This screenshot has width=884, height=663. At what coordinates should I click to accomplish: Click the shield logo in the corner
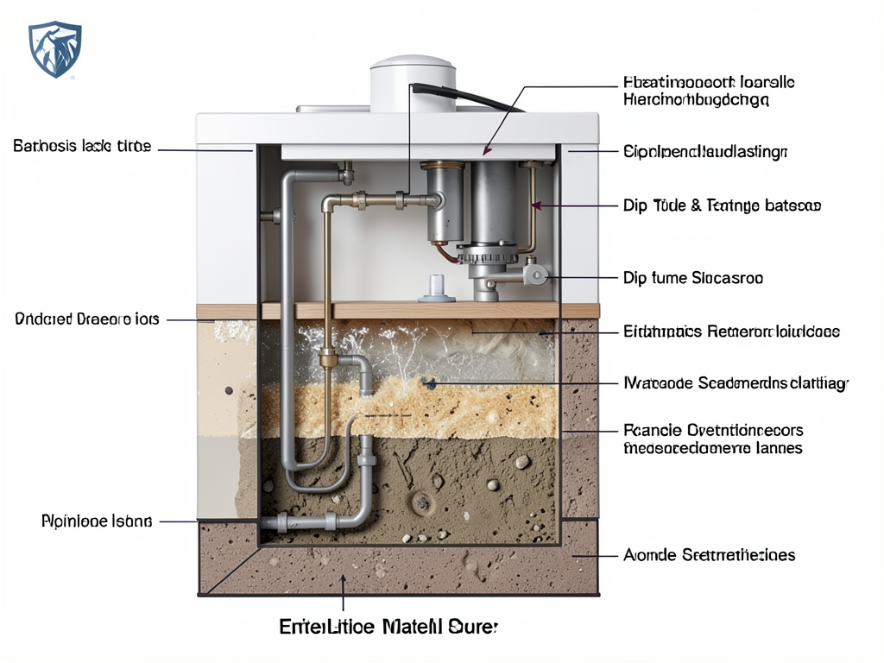pos(54,49)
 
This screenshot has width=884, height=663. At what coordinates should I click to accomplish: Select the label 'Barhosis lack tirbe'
pos(82,147)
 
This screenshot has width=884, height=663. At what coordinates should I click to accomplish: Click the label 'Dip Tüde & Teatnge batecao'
pos(722,205)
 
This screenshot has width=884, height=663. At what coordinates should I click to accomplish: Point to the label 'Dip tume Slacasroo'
pos(692,278)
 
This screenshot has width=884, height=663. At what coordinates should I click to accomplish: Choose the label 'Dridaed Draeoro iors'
pos(87,319)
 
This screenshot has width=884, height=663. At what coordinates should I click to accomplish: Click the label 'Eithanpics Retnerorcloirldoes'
pos(731,331)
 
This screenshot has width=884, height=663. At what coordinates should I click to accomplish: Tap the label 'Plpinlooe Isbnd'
pos(97,521)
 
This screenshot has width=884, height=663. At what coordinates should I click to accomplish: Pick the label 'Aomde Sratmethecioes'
pos(709,555)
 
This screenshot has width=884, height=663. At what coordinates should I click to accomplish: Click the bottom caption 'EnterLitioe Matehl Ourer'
pos(389,626)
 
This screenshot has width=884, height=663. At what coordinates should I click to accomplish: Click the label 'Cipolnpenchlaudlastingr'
pos(705,153)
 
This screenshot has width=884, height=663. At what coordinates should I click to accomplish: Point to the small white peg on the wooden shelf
pos(437,287)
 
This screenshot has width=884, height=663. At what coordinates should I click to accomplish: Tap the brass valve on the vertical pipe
pos(327,357)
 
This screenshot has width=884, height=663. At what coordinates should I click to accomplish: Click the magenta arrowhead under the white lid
pos(489,149)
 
